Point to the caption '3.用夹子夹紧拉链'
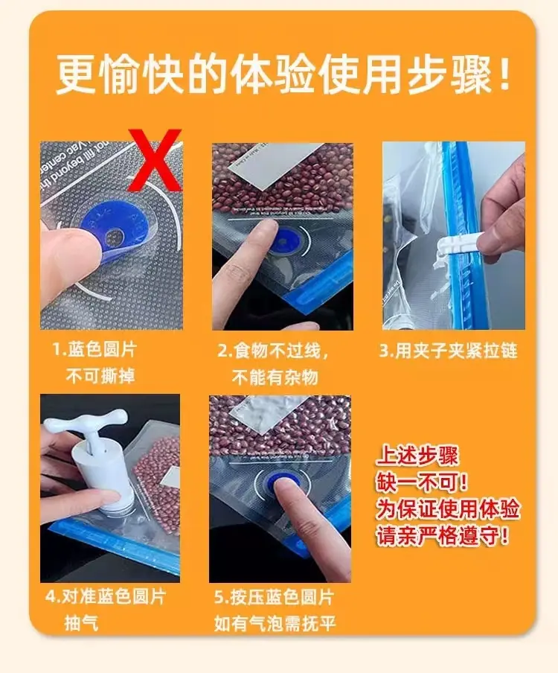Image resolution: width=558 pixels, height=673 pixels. pyautogui.click(x=449, y=351)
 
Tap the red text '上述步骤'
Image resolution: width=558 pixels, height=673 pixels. pyautogui.click(x=417, y=456)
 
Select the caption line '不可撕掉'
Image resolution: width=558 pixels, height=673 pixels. pyautogui.click(x=100, y=376)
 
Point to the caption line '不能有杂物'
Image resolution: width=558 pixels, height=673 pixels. pyautogui.click(x=275, y=377)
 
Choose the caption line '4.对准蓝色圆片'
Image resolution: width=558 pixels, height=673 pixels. pyautogui.click(x=106, y=596)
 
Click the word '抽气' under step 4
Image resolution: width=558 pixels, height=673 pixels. pyautogui.click(x=82, y=623)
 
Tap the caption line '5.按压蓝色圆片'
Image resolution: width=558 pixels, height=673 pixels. pyautogui.click(x=274, y=597)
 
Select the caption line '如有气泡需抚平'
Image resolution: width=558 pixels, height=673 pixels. pyautogui.click(x=275, y=623)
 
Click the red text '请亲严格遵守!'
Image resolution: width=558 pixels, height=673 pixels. pyautogui.click(x=443, y=536)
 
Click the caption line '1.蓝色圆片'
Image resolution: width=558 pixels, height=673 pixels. pyautogui.click(x=94, y=349)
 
